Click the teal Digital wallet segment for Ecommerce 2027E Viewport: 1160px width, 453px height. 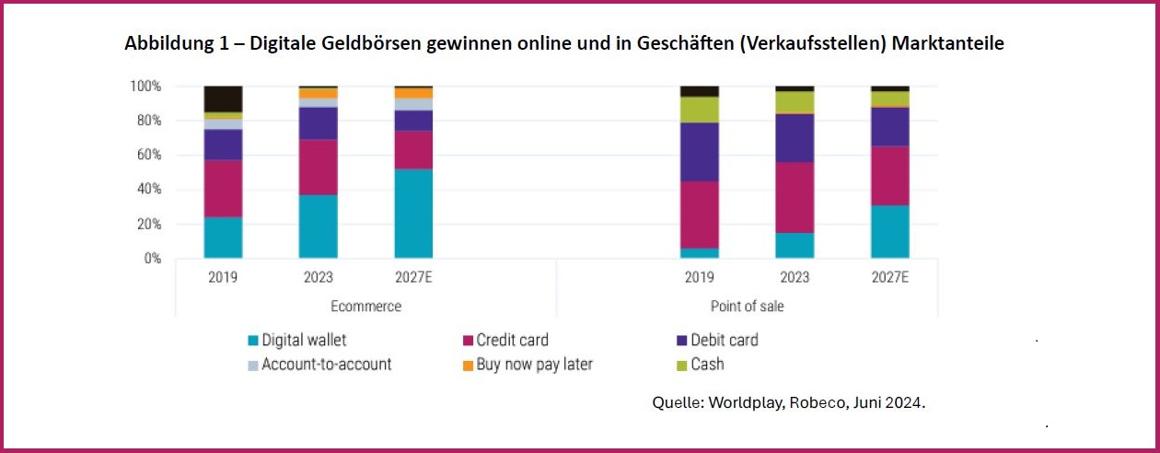point(413,214)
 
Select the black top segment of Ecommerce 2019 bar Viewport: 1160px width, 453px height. point(223,99)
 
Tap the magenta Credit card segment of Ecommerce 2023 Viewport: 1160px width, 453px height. point(319,167)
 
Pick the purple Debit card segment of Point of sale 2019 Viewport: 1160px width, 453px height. point(700,152)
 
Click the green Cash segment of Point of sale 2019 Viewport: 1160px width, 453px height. point(700,110)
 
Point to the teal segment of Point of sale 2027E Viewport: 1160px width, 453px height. point(890,231)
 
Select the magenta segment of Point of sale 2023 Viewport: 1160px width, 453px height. point(795,197)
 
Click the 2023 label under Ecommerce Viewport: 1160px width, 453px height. point(319,277)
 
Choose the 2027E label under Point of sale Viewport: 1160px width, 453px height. point(890,277)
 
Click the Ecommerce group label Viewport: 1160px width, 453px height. point(365,306)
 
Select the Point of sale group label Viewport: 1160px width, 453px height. point(748,306)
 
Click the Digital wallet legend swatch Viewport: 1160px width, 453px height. point(253,341)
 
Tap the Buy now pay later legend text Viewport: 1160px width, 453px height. point(534,365)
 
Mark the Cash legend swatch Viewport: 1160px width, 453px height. point(681,366)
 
